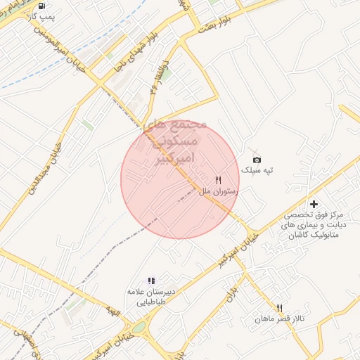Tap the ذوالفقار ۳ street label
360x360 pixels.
pyautogui.click(x=156, y=79)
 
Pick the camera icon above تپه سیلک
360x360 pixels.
pyautogui.click(x=256, y=160)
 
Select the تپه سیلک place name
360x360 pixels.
pyautogui.click(x=256, y=171)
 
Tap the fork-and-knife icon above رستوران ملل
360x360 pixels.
pyautogui.click(x=218, y=180)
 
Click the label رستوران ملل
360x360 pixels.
pyautogui.click(x=219, y=191)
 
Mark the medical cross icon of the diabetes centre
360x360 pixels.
pyautogui.click(x=314, y=203)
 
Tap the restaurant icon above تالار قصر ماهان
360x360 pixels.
pyautogui.click(x=280, y=308)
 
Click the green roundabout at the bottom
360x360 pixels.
pyautogui.click(x=139, y=327)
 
